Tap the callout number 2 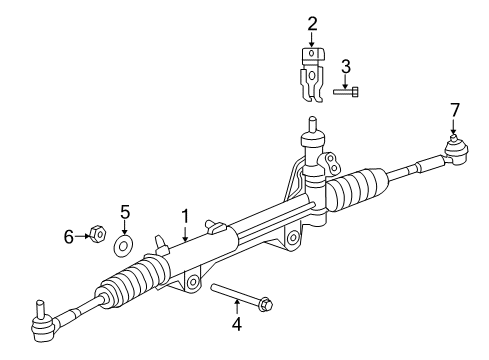coord(313,24)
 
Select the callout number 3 coord(346,66)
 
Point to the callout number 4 coord(237,324)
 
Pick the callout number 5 coord(125,211)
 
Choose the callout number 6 coord(69,236)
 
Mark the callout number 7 coord(454,108)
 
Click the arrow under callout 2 coord(313,39)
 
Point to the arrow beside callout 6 coord(82,236)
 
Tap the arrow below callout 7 coord(454,124)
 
